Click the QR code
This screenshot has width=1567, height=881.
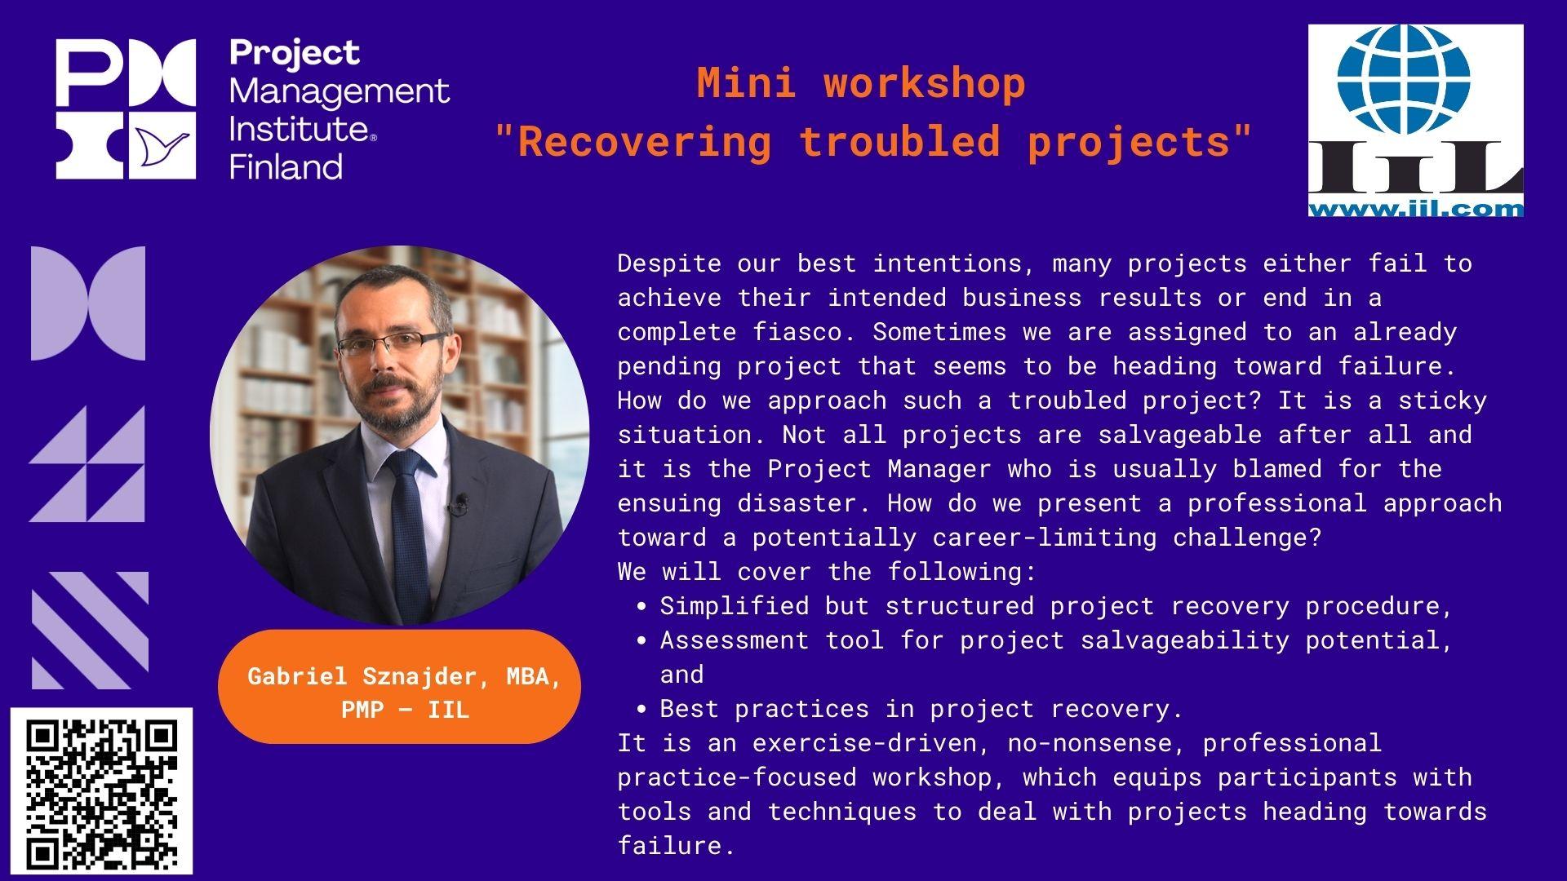point(101,791)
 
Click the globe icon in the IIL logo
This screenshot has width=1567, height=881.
point(1404,80)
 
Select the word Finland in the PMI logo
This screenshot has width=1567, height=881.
point(286,167)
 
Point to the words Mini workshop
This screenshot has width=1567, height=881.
point(861,83)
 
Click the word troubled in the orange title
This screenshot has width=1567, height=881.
point(899,141)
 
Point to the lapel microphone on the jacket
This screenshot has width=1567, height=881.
point(460,503)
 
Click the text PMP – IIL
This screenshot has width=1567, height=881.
point(405,710)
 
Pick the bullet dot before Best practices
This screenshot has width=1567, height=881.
point(643,710)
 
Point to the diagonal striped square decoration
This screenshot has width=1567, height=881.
point(90,630)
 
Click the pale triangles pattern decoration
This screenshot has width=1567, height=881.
point(87,463)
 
